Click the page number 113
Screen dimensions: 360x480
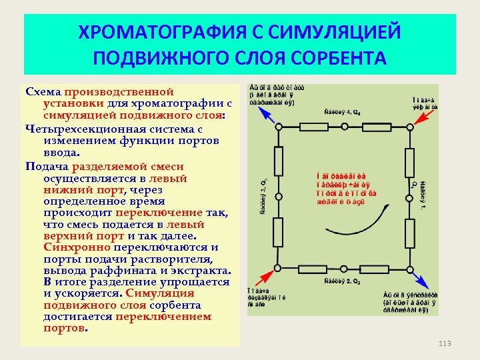(445, 343)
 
